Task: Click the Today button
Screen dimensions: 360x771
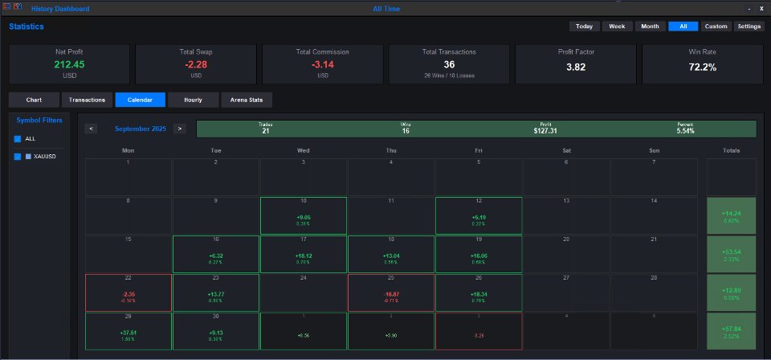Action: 584,27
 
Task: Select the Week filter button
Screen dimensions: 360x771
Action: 617,27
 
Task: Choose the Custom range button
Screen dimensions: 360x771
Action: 716,27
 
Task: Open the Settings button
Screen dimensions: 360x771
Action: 749,27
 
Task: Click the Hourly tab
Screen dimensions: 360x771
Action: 193,100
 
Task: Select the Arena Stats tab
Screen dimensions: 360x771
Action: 247,100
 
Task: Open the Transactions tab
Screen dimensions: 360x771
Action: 87,100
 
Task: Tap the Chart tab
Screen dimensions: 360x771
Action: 34,100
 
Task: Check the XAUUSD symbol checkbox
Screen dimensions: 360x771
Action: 18,157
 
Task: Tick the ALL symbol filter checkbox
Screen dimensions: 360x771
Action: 18,139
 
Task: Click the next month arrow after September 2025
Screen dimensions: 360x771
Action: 179,128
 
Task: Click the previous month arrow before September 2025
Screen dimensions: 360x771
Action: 92,128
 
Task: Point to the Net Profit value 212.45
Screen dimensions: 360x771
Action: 68,64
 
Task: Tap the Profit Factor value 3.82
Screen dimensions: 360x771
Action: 575,67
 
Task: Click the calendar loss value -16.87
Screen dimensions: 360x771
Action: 390,295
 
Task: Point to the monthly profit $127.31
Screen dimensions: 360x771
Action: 545,130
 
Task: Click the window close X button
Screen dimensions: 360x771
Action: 761,8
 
